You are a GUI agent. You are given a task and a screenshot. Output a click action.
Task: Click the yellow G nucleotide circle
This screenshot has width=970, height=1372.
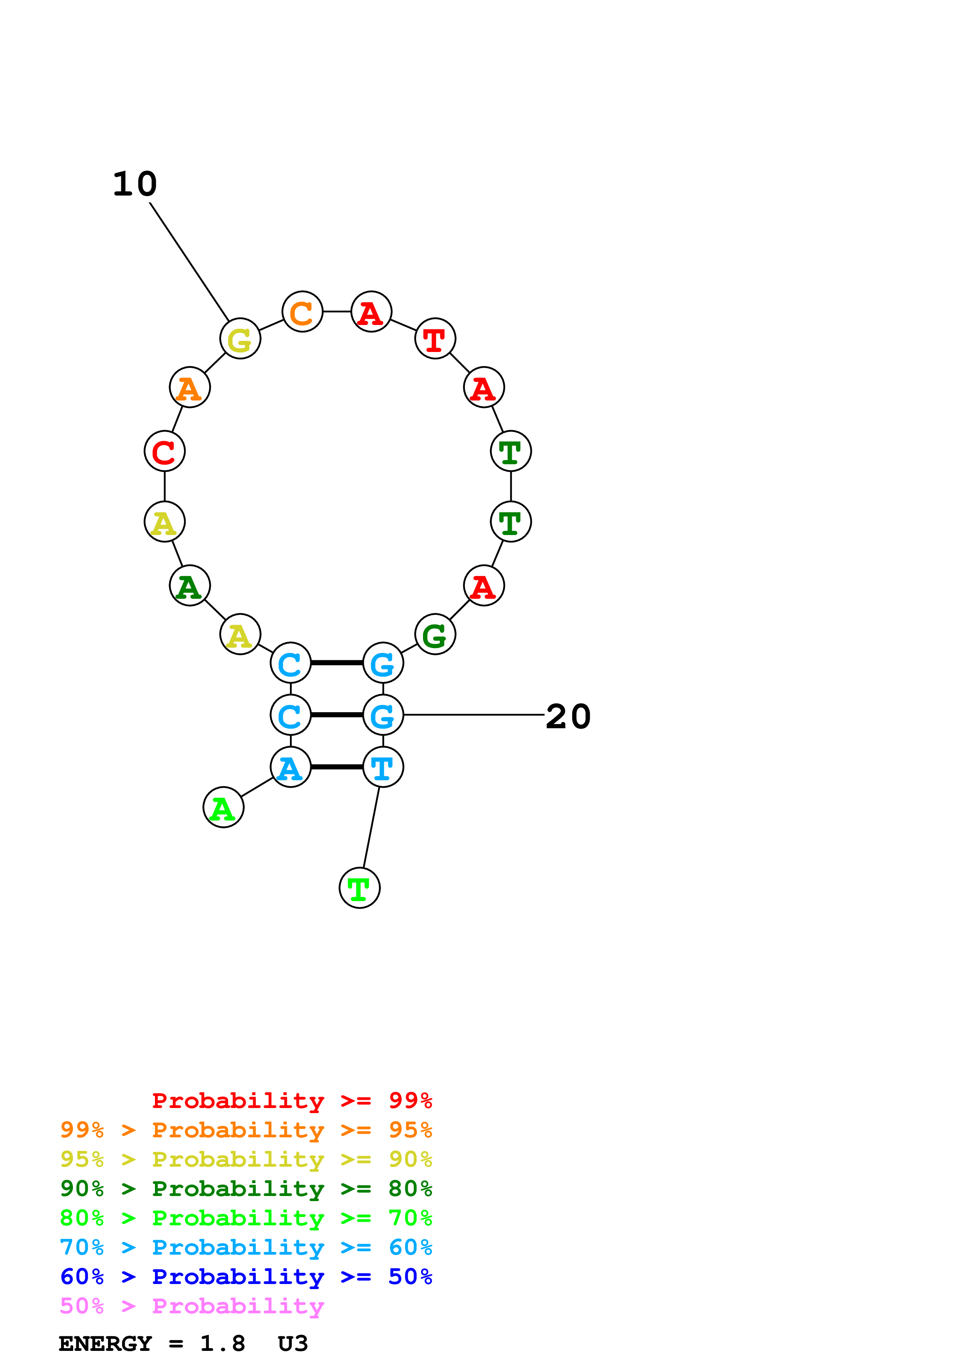click(x=240, y=338)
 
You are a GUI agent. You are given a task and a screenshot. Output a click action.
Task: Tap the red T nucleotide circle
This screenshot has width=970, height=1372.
click(x=435, y=338)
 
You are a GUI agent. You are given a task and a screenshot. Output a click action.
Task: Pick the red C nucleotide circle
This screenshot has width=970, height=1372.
click(x=164, y=451)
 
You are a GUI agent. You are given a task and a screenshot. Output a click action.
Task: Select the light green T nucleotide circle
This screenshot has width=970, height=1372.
click(x=359, y=888)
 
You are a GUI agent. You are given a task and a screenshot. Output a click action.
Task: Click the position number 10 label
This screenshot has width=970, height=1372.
click(x=135, y=184)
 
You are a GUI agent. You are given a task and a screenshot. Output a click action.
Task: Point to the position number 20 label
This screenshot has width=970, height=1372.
click(x=569, y=717)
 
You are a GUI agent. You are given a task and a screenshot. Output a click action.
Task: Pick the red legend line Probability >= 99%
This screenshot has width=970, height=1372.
click(x=292, y=1100)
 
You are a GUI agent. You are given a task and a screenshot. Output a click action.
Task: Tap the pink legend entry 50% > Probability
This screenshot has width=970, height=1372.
click(x=192, y=1306)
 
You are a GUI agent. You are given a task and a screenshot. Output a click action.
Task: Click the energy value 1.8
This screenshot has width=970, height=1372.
click(x=222, y=1344)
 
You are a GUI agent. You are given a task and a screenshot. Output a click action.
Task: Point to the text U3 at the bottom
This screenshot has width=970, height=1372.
click(x=293, y=1344)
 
